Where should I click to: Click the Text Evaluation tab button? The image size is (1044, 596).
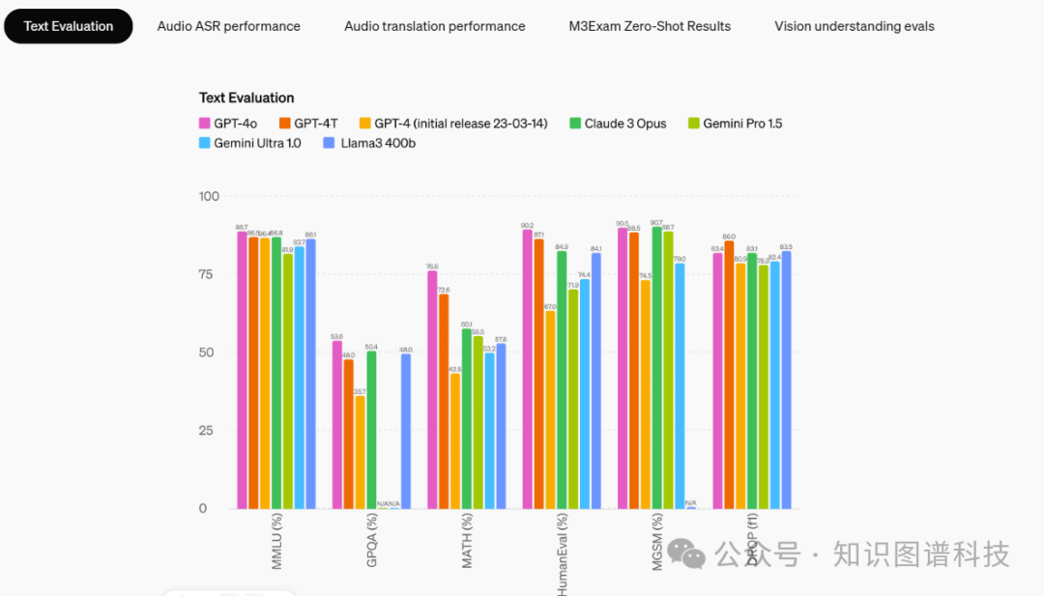[x=69, y=26]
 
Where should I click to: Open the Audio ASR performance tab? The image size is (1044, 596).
[x=228, y=26]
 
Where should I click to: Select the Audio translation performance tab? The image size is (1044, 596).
[x=434, y=26]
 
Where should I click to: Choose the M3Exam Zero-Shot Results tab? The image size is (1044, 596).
[x=650, y=26]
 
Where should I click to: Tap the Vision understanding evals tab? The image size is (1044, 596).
[x=854, y=26]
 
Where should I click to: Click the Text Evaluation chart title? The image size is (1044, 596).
[x=246, y=98]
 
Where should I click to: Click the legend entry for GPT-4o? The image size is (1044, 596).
[x=229, y=124]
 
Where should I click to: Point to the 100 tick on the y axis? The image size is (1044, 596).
[x=209, y=196]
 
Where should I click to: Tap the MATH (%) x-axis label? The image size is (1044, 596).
[x=467, y=540]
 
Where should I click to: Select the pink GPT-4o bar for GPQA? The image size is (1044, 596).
[x=337, y=425]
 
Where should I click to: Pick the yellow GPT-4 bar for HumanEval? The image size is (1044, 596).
[x=550, y=410]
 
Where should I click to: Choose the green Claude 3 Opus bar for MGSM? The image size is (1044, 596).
[x=657, y=367]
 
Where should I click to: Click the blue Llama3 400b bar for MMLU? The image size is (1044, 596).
[x=310, y=374]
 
